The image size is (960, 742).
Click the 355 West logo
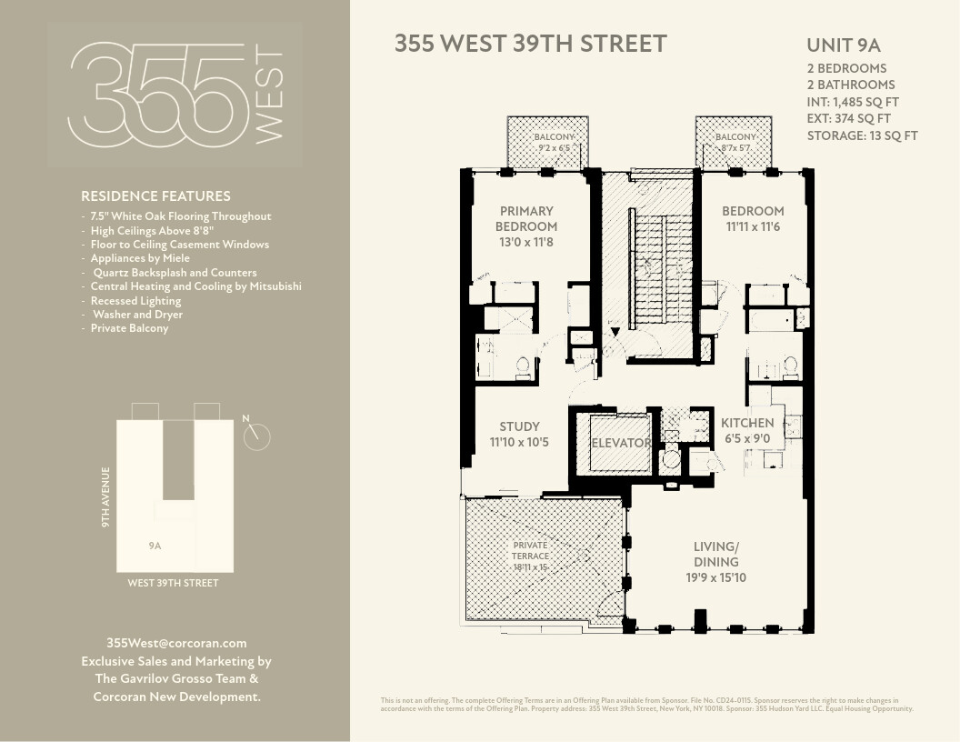(x=175, y=95)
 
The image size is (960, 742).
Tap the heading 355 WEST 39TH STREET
(x=530, y=44)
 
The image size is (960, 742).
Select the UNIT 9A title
(x=844, y=45)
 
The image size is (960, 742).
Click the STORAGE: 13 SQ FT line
(x=862, y=135)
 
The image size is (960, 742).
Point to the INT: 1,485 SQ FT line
(x=853, y=102)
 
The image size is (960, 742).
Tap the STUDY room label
(x=519, y=426)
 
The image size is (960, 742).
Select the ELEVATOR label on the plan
(x=621, y=444)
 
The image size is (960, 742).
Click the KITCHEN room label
(x=747, y=423)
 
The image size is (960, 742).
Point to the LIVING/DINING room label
(x=715, y=554)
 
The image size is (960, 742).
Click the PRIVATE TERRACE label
(x=530, y=550)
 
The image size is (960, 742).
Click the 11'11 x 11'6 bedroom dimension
(x=753, y=226)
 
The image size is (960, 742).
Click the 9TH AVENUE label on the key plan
(x=105, y=497)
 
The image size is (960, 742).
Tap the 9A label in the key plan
(x=155, y=546)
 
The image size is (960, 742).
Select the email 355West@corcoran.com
(x=176, y=643)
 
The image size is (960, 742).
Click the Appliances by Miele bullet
(x=140, y=258)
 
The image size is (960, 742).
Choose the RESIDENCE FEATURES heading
(x=155, y=196)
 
